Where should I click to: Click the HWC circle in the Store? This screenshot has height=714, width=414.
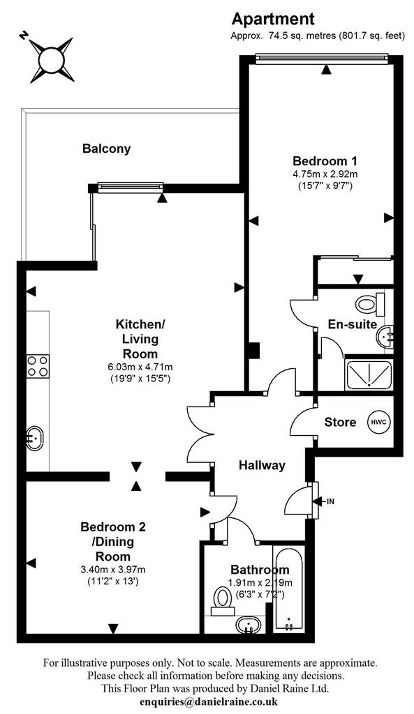pyautogui.click(x=379, y=422)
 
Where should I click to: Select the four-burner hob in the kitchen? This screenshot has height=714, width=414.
pyautogui.click(x=38, y=365)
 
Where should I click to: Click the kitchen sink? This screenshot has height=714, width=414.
pyautogui.click(x=35, y=439)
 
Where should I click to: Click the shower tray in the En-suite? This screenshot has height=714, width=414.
pyautogui.click(x=369, y=374)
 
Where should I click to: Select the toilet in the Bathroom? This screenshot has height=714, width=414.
pyautogui.click(x=223, y=599)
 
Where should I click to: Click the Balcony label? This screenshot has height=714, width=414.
pyautogui.click(x=106, y=149)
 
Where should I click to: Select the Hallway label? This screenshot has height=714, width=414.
pyautogui.click(x=263, y=465)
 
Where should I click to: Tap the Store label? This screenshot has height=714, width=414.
pyautogui.click(x=340, y=422)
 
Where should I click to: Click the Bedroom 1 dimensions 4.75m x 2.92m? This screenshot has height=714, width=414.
pyautogui.click(x=325, y=174)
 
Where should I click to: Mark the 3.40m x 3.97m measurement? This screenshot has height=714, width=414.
pyautogui.click(x=113, y=569)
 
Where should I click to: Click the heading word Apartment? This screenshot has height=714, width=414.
pyautogui.click(x=273, y=19)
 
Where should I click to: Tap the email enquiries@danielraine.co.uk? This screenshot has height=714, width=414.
pyautogui.click(x=209, y=701)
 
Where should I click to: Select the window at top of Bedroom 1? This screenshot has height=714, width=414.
pyautogui.click(x=322, y=57)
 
